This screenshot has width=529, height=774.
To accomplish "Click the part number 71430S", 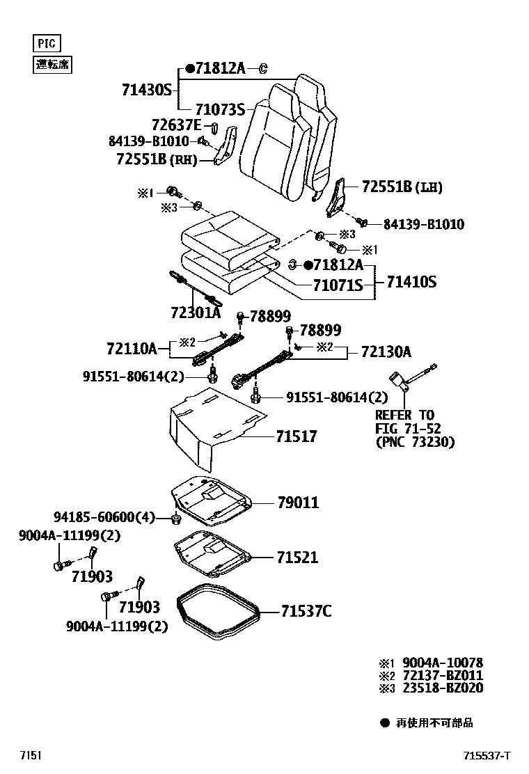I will [146, 90].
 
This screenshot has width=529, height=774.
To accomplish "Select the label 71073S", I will [220, 109].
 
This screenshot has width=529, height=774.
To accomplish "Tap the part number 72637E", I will [177, 125].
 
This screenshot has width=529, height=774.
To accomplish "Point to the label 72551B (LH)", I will [402, 187].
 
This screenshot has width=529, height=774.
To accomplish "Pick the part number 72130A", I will [386, 352].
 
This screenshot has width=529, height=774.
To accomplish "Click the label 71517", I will [296, 436].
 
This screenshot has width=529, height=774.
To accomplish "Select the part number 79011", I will [298, 502].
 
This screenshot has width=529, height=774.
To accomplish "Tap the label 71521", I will [297, 558].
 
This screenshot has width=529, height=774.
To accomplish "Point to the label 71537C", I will [306, 611].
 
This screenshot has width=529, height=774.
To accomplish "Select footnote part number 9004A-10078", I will [441, 663].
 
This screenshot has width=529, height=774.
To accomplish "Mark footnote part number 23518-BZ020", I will [441, 688].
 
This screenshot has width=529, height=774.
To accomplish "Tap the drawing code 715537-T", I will [487, 756].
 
